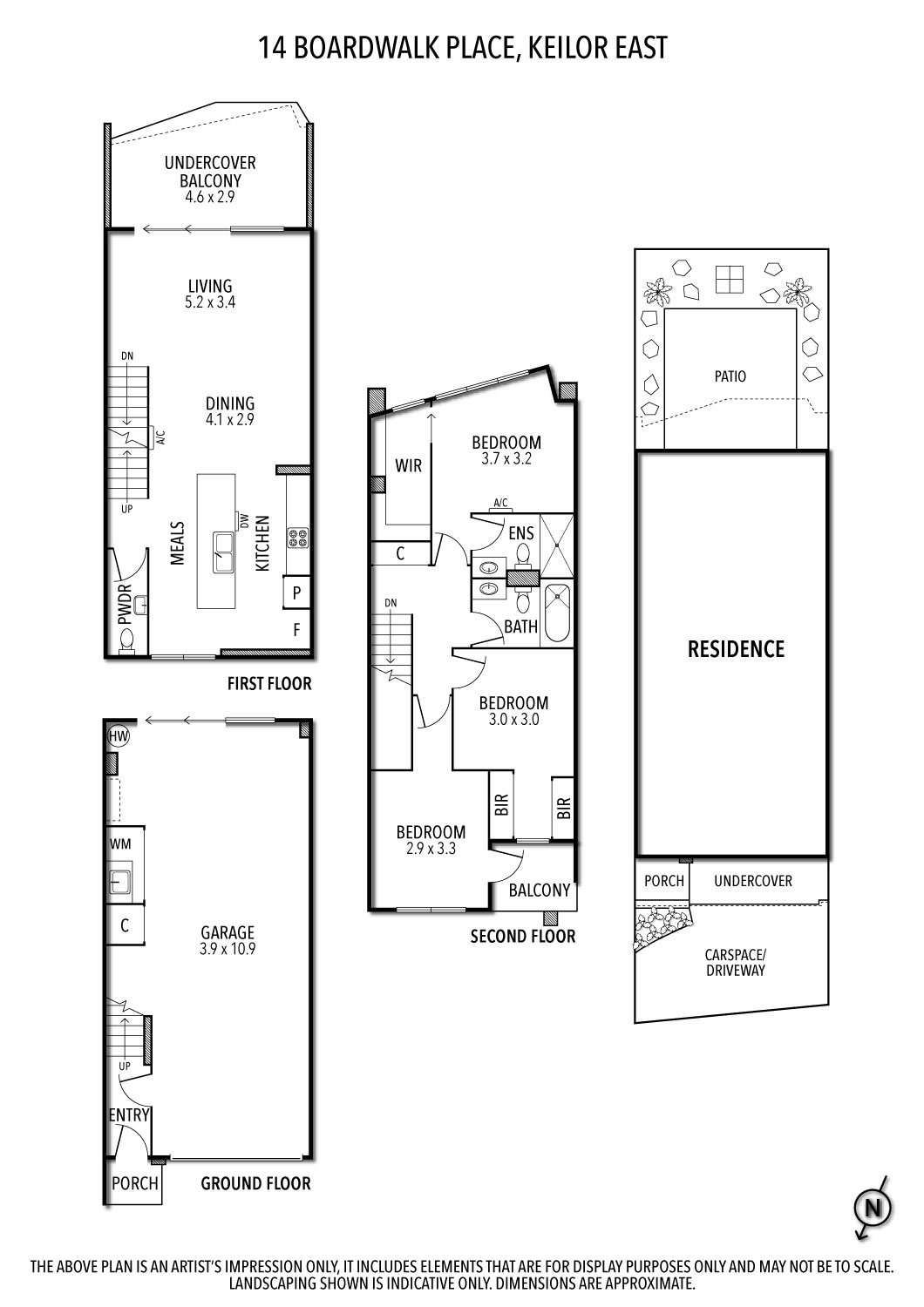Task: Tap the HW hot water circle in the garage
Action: pyautogui.click(x=119, y=737)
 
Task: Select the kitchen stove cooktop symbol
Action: pyautogui.click(x=297, y=538)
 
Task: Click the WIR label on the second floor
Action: pyautogui.click(x=408, y=465)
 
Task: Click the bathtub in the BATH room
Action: pyautogui.click(x=556, y=615)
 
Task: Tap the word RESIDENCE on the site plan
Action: pyautogui.click(x=736, y=649)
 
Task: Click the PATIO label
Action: pyautogui.click(x=730, y=376)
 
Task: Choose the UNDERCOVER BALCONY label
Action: pyautogui.click(x=210, y=179)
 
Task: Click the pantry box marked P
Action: pyautogui.click(x=296, y=593)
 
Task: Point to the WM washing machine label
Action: pyautogui.click(x=119, y=844)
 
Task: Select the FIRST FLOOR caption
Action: pyautogui.click(x=268, y=684)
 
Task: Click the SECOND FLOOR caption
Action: pyautogui.click(x=522, y=937)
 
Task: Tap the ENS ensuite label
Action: pyautogui.click(x=520, y=533)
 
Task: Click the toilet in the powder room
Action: pyautogui.click(x=127, y=641)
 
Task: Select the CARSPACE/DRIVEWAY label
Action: pyautogui.click(x=736, y=962)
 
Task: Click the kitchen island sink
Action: pyautogui.click(x=223, y=552)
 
